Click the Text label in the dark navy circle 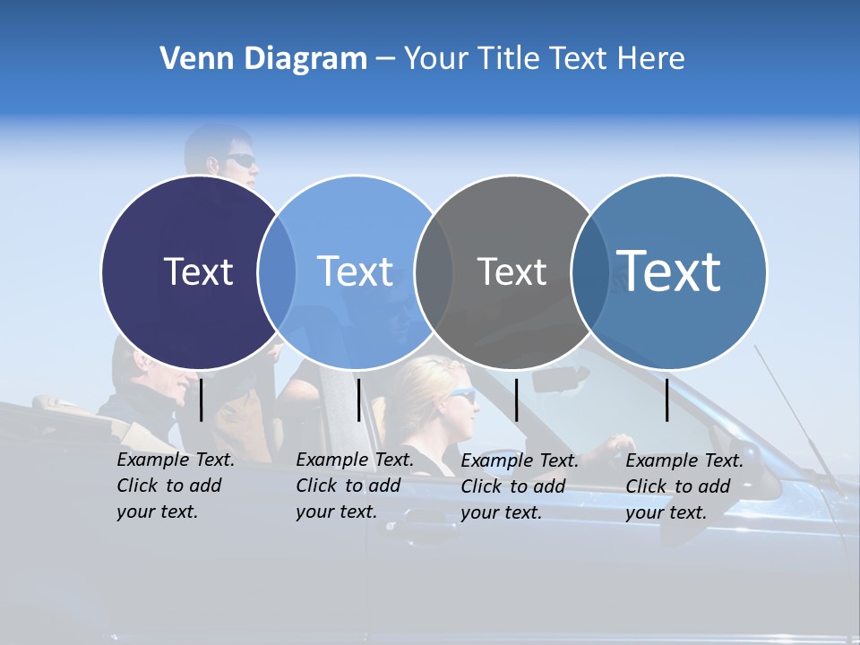click(198, 271)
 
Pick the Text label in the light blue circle click(355, 271)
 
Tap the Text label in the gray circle click(512, 271)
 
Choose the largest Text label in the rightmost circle click(668, 271)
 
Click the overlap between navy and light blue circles click(277, 271)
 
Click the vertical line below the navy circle click(202, 400)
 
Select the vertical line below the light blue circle click(358, 400)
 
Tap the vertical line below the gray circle click(516, 400)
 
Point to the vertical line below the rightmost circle click(667, 400)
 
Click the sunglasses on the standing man click(239, 160)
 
